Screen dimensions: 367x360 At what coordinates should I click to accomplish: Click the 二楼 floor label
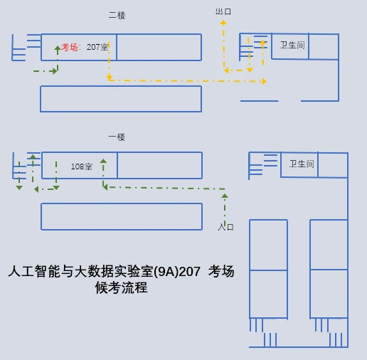click(117, 16)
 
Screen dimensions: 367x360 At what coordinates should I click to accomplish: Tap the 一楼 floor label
click(117, 137)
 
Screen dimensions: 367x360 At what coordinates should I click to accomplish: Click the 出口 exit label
click(223, 11)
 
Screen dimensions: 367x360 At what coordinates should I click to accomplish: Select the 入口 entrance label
click(225, 227)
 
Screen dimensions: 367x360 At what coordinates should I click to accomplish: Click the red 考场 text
click(70, 47)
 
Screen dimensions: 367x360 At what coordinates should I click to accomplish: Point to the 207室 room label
click(97, 47)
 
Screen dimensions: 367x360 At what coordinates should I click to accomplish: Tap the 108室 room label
click(82, 166)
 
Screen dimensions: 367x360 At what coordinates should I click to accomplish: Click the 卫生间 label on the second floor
click(292, 45)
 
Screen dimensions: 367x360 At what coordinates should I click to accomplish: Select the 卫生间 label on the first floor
click(302, 164)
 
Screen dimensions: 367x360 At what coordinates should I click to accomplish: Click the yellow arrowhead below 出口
click(223, 23)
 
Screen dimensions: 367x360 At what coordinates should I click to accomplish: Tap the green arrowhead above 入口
click(225, 196)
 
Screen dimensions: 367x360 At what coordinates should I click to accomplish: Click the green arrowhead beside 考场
click(58, 48)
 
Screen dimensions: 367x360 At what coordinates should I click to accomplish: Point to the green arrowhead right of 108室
click(103, 161)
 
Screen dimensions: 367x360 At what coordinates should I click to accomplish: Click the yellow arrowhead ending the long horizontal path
click(264, 81)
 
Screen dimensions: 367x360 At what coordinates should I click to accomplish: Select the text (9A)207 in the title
click(177, 271)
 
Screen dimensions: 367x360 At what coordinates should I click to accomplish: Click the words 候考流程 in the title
click(121, 287)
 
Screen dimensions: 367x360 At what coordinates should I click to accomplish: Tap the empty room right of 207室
click(159, 47)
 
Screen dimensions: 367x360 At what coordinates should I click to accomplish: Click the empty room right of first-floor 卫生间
click(333, 165)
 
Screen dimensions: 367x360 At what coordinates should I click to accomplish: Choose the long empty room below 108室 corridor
click(122, 216)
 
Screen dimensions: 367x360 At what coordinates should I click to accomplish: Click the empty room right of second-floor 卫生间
click(324, 46)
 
